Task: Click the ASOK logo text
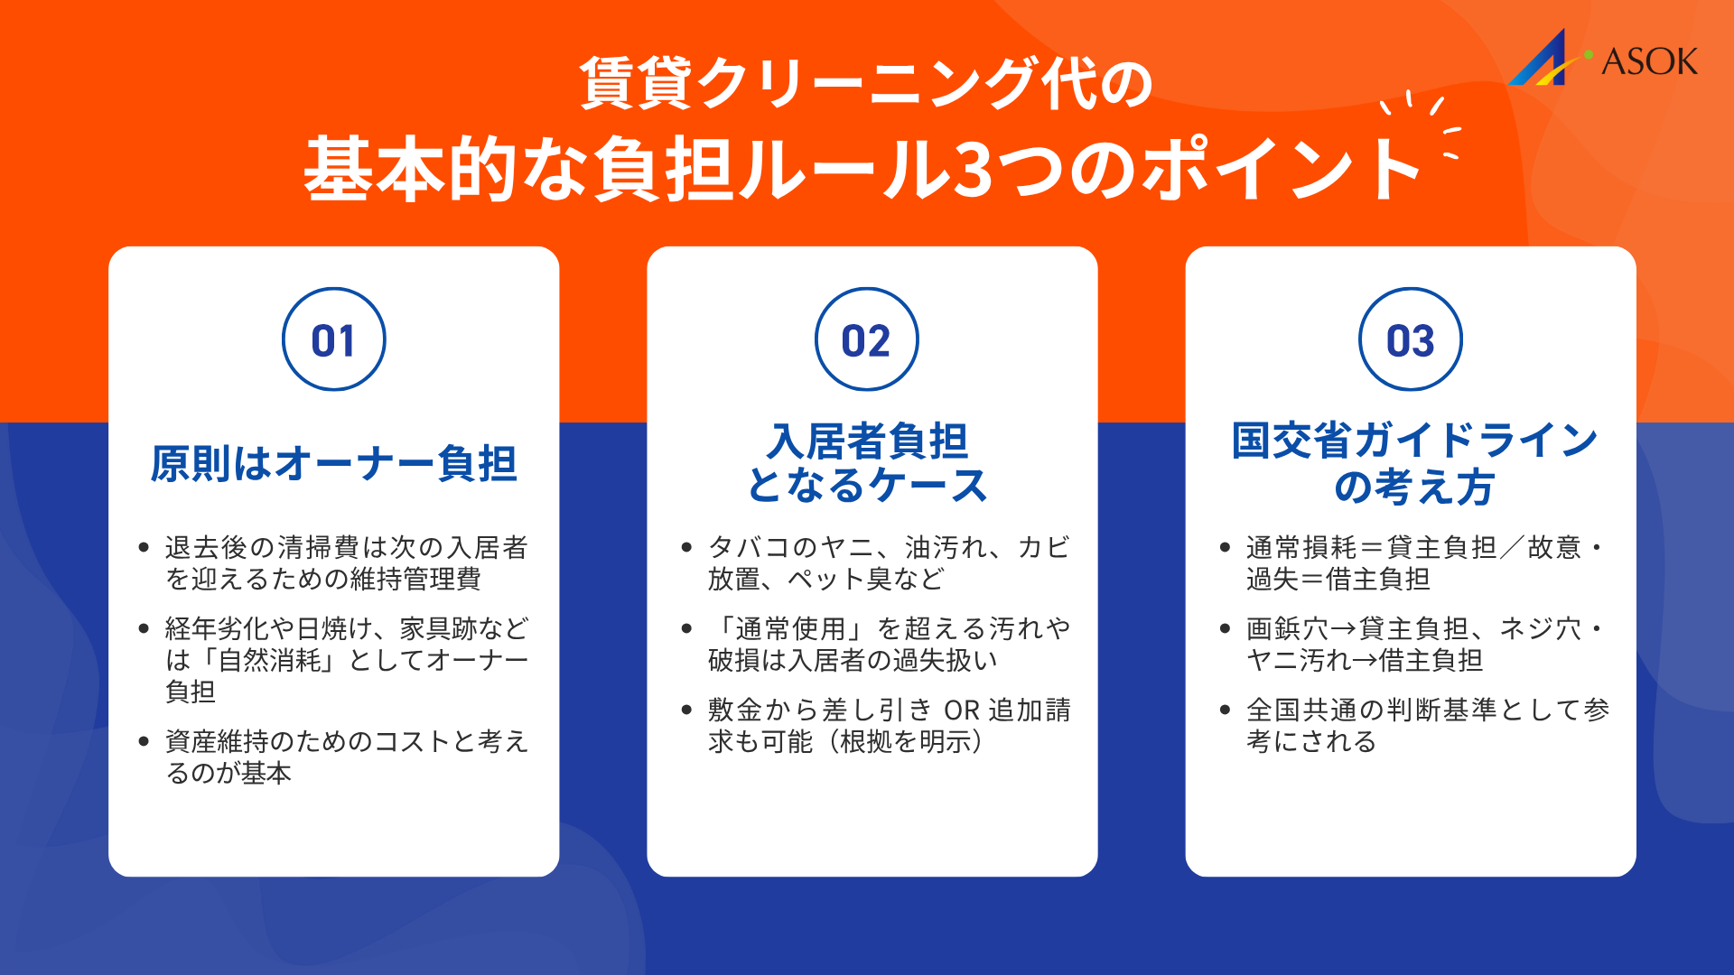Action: tap(1649, 61)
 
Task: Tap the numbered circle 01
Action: tap(334, 339)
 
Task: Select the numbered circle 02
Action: tap(867, 339)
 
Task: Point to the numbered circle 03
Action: tap(1410, 339)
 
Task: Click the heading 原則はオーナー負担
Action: tap(334, 464)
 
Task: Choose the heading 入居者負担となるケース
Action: tap(867, 463)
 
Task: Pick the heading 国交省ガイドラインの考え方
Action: tap(1413, 463)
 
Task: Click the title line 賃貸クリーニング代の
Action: tap(867, 83)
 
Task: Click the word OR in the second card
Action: tap(962, 710)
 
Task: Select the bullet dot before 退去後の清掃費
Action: tap(144, 547)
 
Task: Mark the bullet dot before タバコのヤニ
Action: tap(686, 547)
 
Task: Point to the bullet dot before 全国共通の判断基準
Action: tap(1225, 710)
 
